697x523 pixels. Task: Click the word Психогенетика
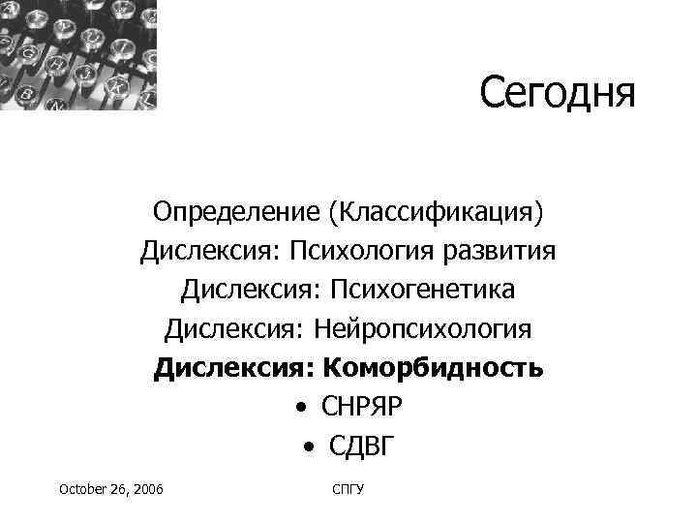click(421, 290)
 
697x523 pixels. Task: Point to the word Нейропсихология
click(422, 329)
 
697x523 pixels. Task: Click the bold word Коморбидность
click(433, 369)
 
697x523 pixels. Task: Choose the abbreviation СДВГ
click(362, 447)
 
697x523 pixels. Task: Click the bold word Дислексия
click(232, 369)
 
